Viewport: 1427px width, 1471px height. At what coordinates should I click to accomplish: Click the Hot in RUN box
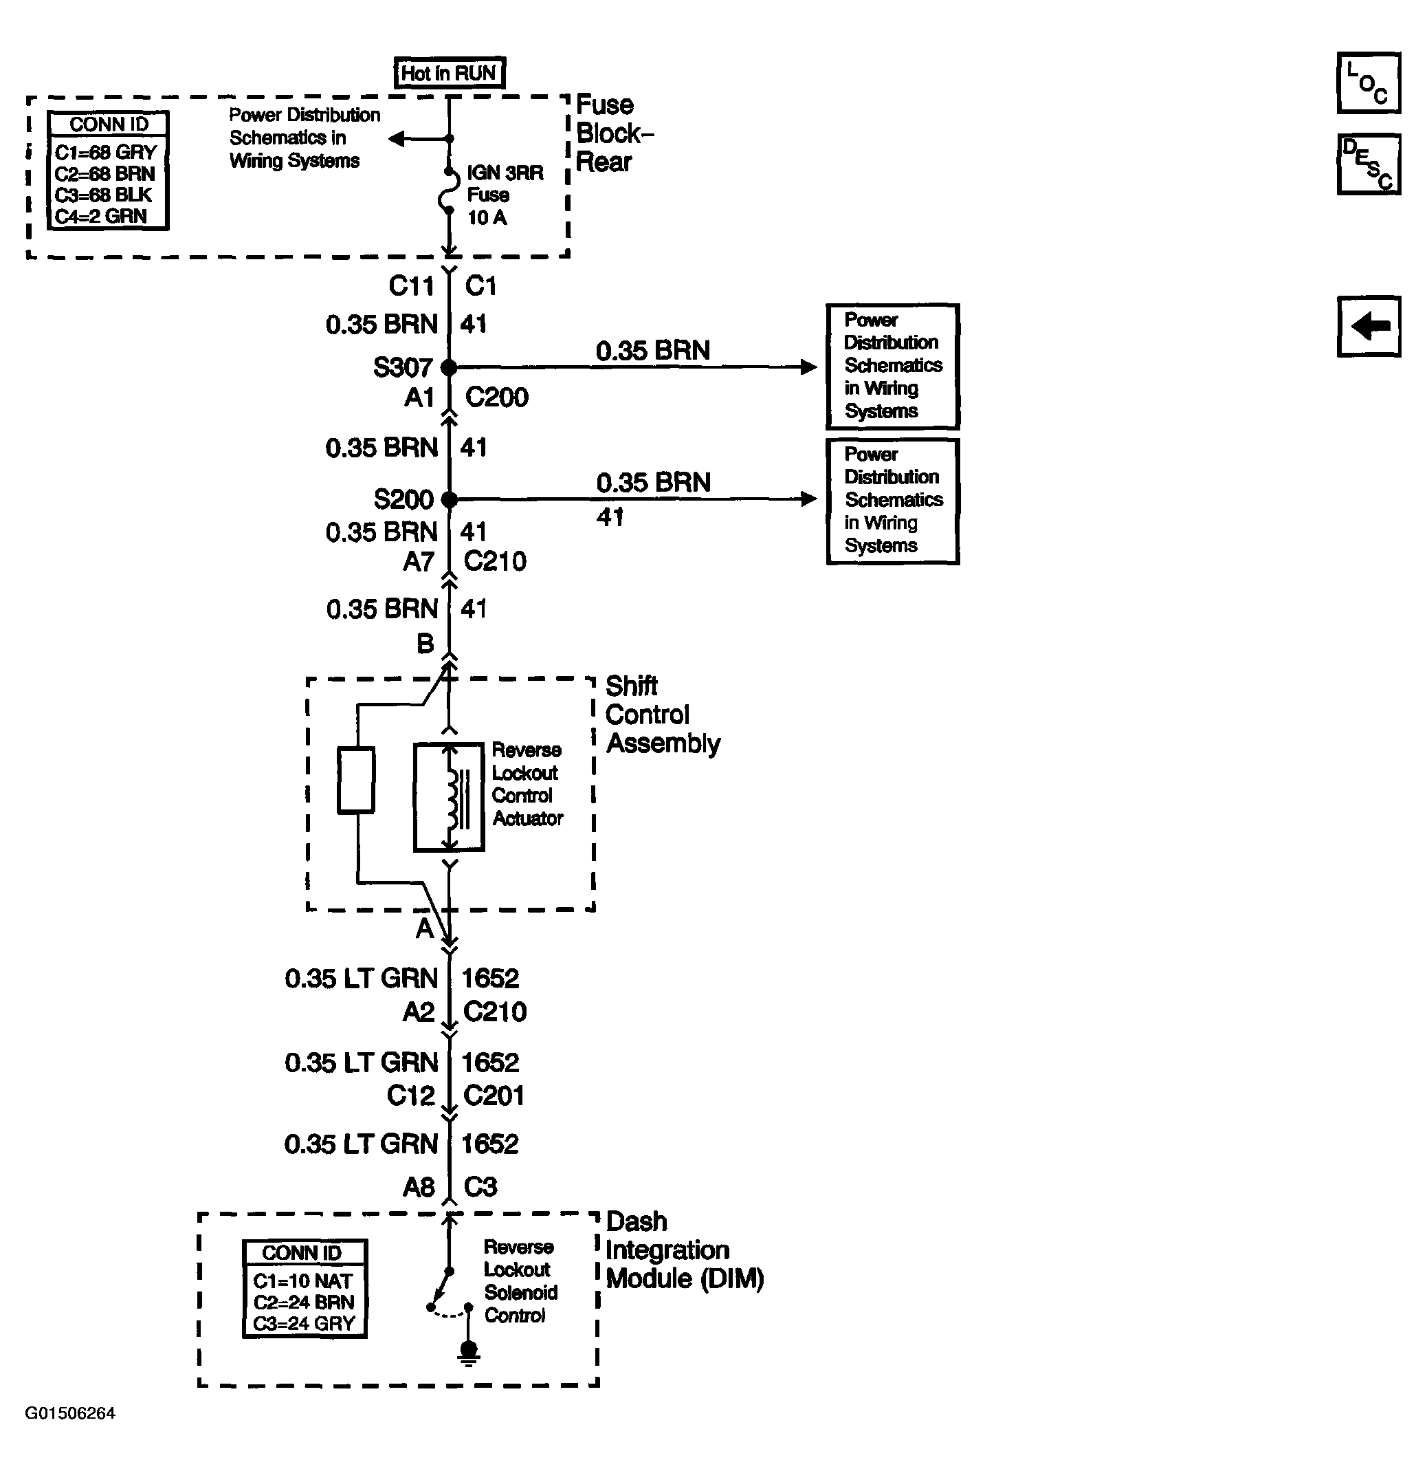pos(449,73)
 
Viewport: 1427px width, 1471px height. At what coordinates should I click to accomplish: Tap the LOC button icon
pos(1368,83)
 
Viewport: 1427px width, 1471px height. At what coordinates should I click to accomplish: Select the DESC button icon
pos(1368,164)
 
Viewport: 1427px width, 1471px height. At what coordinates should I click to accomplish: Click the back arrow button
pos(1368,327)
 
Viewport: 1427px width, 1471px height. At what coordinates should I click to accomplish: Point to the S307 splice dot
pos(449,368)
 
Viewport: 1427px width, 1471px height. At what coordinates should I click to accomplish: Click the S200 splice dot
pos(449,499)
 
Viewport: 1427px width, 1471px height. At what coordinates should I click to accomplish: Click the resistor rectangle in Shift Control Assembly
pos(355,780)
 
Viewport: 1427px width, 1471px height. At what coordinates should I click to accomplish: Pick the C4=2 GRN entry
pos(100,216)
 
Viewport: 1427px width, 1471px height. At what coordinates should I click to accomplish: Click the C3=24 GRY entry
pos(303,1324)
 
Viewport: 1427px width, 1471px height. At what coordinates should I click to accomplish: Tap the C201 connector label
pos(494,1096)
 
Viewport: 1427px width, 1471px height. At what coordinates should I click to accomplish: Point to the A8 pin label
pos(419,1187)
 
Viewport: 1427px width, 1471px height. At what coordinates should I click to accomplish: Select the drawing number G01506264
pos(71,1414)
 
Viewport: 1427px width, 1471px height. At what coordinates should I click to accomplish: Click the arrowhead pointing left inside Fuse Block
pos(397,139)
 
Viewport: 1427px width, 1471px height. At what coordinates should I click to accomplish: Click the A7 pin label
pos(419,561)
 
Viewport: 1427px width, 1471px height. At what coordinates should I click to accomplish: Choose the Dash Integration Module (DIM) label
pos(683,1250)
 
